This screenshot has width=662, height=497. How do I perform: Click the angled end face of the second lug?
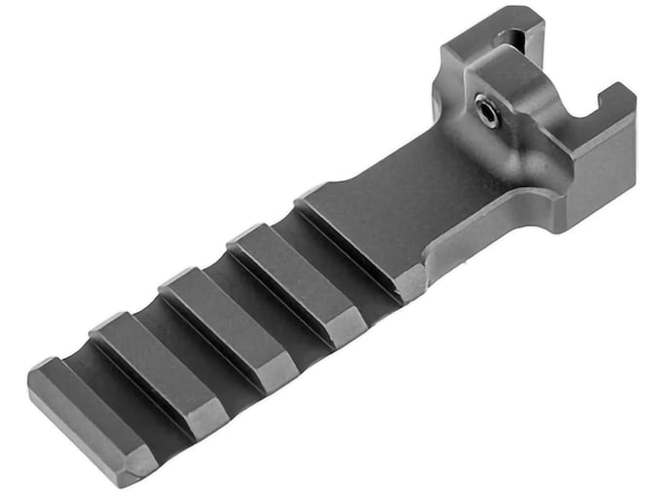coord(200,414)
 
